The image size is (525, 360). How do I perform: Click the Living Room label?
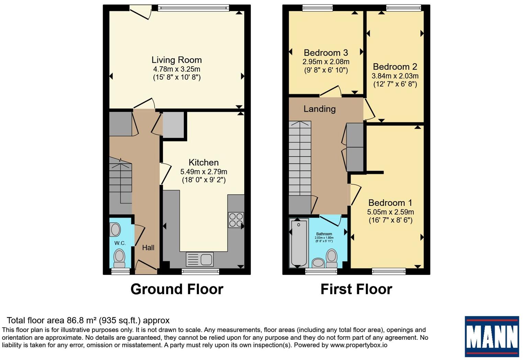(x=176, y=60)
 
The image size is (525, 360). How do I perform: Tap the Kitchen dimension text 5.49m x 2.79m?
(x=204, y=172)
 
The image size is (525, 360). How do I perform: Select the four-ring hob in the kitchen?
(x=236, y=220)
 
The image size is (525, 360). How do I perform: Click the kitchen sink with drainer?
(x=199, y=259)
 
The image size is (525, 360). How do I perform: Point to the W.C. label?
(x=120, y=243)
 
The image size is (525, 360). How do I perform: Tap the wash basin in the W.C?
(x=115, y=229)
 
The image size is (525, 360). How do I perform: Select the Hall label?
(x=148, y=247)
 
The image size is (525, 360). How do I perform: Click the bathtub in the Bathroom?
(x=299, y=243)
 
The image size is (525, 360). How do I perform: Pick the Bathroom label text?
(x=324, y=234)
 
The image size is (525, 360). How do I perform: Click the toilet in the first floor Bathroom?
(x=332, y=258)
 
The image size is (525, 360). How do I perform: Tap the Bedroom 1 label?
(x=390, y=202)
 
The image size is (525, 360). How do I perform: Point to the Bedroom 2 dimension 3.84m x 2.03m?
(x=395, y=76)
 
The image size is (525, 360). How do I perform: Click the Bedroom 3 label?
(x=326, y=53)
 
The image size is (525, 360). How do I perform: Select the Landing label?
(x=319, y=109)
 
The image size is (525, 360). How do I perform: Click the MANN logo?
(x=492, y=336)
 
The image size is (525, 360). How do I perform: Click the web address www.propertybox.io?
(x=359, y=345)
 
